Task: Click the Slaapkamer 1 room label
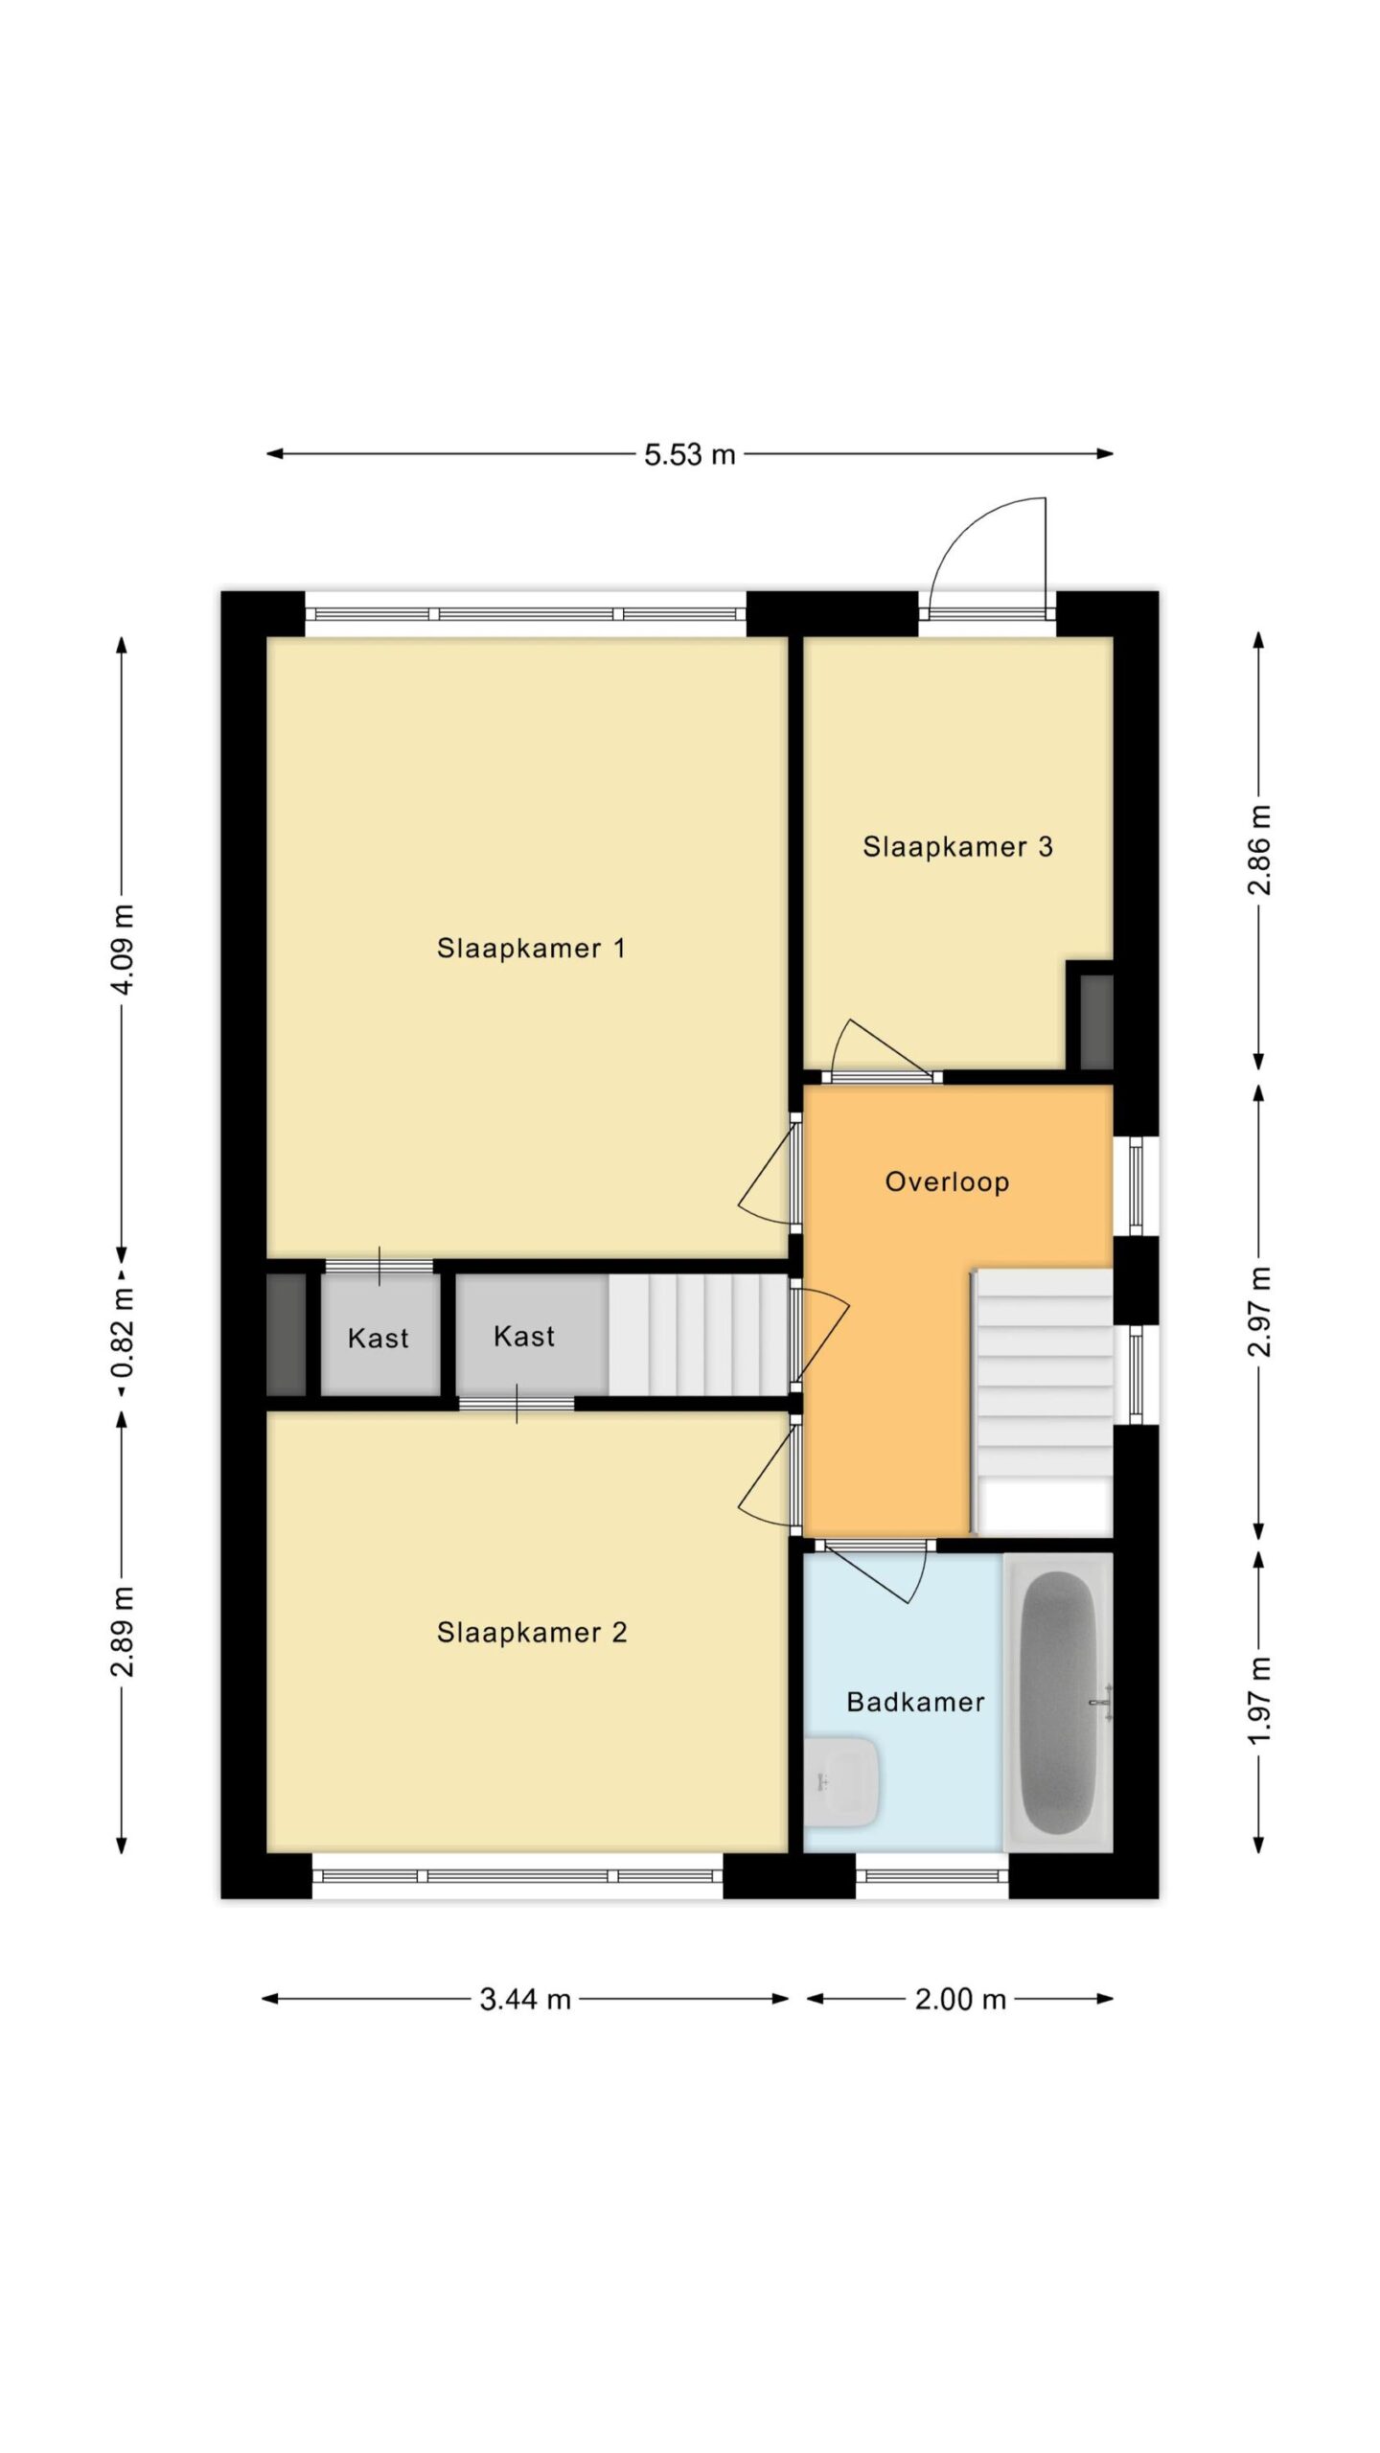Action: click(531, 949)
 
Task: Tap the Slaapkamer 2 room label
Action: click(532, 1633)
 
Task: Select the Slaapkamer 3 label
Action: click(957, 847)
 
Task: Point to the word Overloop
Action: click(947, 1182)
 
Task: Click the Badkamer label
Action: click(915, 1703)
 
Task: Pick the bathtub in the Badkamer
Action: click(1058, 1703)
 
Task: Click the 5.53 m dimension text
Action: click(689, 454)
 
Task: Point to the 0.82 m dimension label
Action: click(123, 1333)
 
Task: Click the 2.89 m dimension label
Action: click(123, 1632)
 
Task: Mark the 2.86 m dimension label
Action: click(1259, 850)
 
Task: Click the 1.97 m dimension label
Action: click(1259, 1701)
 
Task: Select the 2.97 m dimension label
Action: click(1259, 1312)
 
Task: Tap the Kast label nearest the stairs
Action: click(524, 1337)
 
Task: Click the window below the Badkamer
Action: click(931, 1875)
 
